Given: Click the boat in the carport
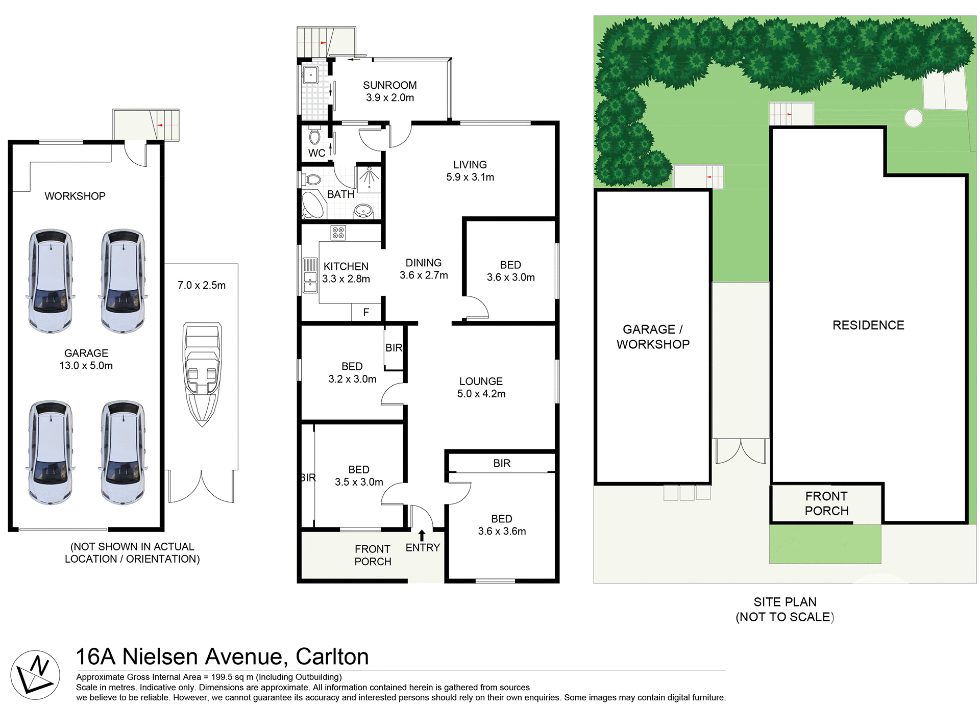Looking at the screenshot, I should (x=202, y=374).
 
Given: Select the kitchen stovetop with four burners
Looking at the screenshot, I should (x=338, y=233).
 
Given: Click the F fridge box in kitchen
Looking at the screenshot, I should (x=366, y=312).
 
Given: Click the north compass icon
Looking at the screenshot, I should (x=35, y=675).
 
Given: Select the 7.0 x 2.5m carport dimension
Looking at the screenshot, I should (x=202, y=285).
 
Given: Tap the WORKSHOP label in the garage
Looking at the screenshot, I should (x=75, y=196).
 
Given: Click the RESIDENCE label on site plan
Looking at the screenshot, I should (x=868, y=325).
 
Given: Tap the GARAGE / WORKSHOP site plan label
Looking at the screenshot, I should (x=653, y=337).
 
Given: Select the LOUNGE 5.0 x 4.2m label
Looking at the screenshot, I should (x=481, y=388).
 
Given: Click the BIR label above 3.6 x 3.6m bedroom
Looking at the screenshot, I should (x=502, y=463).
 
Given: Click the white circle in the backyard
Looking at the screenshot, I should (x=913, y=118).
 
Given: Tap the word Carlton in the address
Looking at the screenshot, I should (x=332, y=656).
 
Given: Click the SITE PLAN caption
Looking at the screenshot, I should (x=785, y=602).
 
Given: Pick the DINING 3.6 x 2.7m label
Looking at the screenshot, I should (x=424, y=269).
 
